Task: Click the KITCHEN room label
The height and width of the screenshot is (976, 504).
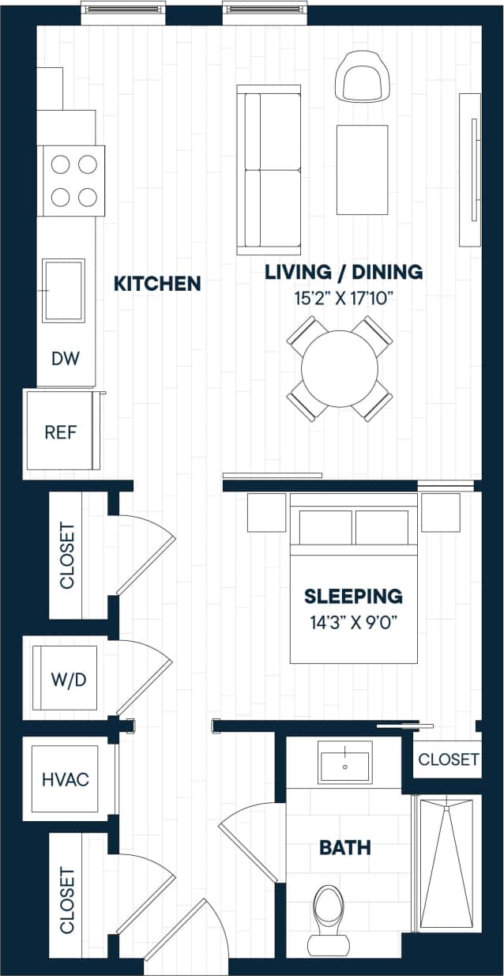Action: click(x=157, y=283)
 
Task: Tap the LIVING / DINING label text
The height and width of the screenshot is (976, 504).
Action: click(x=344, y=272)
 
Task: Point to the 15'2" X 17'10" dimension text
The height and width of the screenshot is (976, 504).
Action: click(x=344, y=299)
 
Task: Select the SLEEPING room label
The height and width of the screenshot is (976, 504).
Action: click(x=353, y=596)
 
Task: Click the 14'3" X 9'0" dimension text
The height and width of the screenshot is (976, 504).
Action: click(x=353, y=620)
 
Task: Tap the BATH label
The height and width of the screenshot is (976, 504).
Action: click(x=345, y=848)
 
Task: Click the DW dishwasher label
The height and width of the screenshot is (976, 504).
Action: click(x=66, y=359)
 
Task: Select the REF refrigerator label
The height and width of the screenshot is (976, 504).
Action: click(x=61, y=432)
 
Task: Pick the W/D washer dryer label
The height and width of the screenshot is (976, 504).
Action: click(x=68, y=680)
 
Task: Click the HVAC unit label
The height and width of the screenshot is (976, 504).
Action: click(x=66, y=780)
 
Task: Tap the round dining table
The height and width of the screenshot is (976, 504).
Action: click(x=340, y=368)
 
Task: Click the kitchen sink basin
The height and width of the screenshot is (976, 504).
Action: click(x=63, y=291)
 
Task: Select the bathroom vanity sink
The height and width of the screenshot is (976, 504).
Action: click(x=345, y=763)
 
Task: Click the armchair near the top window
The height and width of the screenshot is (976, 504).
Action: click(x=363, y=77)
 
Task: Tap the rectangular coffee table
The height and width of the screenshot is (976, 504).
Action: click(x=362, y=169)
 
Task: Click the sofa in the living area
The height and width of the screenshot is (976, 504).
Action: click(x=269, y=169)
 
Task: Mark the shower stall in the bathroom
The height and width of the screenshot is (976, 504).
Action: click(x=446, y=862)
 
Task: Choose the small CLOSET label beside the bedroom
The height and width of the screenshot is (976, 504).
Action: click(x=448, y=759)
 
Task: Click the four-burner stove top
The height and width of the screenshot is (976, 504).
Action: click(x=73, y=180)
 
